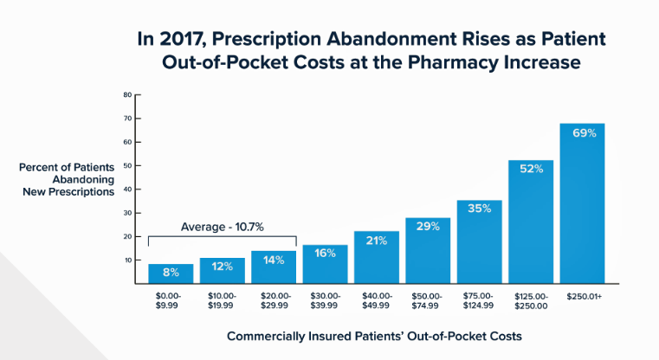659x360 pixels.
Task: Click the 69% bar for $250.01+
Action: tap(582, 208)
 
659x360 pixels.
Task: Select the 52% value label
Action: tap(531, 169)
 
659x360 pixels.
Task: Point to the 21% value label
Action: tap(376, 241)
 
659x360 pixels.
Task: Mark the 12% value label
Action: tap(223, 267)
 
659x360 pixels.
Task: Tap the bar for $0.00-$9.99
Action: tap(171, 273)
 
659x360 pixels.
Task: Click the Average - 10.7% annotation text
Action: tap(223, 227)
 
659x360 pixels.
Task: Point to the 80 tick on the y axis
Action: tap(126, 94)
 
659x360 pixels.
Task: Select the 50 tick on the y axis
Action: tap(126, 165)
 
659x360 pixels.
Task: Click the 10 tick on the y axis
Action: tap(126, 260)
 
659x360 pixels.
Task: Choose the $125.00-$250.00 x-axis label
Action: tap(531, 300)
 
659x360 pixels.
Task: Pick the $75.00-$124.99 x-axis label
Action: tap(479, 300)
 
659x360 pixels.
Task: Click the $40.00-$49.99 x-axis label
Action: tap(376, 300)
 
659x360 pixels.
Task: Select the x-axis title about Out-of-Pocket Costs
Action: tap(375, 335)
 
